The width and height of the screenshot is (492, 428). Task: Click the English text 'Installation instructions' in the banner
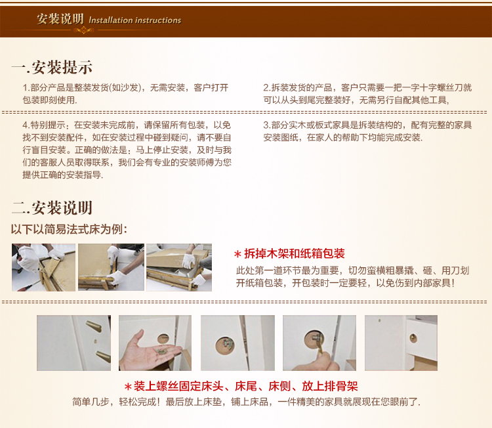click(135, 20)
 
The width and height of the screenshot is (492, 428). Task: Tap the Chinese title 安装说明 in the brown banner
click(60, 19)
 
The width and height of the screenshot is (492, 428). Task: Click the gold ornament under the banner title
click(84, 30)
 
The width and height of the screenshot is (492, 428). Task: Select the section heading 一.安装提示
click(52, 67)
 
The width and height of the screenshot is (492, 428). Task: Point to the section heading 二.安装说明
click(52, 208)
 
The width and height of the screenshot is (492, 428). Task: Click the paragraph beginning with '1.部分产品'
click(125, 94)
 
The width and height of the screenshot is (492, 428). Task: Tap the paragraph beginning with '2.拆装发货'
click(367, 94)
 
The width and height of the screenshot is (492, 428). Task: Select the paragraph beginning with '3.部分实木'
click(367, 131)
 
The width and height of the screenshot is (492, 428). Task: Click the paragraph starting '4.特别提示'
click(127, 150)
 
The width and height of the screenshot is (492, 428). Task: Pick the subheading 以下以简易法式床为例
click(69, 229)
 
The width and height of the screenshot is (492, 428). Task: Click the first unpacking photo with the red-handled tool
click(43, 268)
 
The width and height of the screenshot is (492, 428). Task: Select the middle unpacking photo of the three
click(111, 267)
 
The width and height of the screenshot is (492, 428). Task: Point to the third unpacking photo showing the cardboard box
click(179, 268)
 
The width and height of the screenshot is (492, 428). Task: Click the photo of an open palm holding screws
click(155, 343)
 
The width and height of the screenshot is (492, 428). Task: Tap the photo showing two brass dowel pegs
click(73, 343)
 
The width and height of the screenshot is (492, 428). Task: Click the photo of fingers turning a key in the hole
click(319, 343)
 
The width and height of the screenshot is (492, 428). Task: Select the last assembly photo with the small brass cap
click(401, 343)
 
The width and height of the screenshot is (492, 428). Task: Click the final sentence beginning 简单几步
click(246, 402)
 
